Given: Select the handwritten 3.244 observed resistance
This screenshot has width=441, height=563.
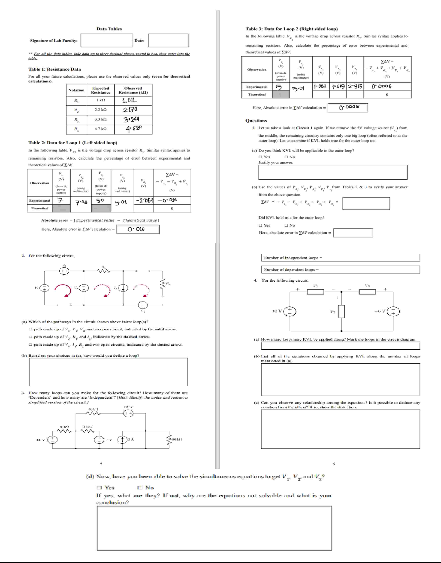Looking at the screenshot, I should tap(131, 119).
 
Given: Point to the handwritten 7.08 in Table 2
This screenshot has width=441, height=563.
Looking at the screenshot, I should tap(81, 202).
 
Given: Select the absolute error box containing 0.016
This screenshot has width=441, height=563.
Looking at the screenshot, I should tap(138, 229).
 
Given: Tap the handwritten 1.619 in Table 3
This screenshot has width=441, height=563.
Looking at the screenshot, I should tap(338, 86).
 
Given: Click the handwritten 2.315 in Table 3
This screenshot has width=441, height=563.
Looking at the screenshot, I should tap(355, 86).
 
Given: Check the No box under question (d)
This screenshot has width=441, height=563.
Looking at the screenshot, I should tap(140, 487).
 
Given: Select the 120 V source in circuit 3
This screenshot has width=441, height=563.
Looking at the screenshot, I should tap(128, 413).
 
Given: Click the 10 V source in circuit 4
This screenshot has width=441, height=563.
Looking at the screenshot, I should tap(290, 311).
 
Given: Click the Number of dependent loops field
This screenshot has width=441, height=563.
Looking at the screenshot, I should tap(340, 269).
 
